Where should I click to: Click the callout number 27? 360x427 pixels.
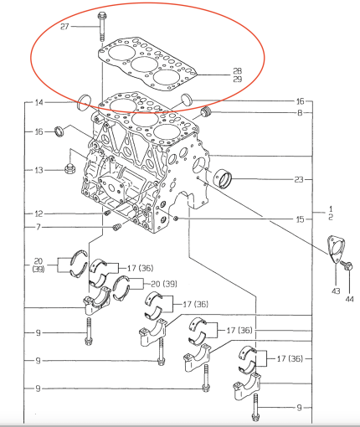[64, 27]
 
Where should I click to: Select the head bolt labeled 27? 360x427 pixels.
[100, 24]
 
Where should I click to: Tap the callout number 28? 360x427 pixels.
[237, 70]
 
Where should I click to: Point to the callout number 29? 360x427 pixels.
[237, 79]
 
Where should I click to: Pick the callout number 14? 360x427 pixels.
[39, 103]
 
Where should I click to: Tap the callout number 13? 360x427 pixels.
[39, 170]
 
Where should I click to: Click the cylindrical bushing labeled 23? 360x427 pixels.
[224, 177]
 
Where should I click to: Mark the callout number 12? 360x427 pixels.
[39, 213]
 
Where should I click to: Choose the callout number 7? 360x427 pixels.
[39, 228]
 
